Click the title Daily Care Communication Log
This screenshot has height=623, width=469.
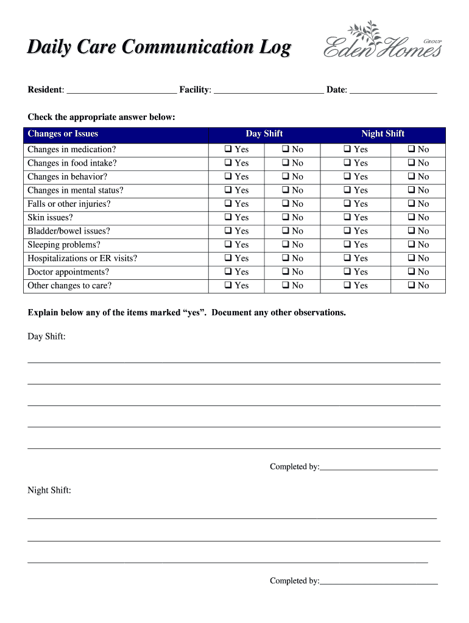[x=159, y=47]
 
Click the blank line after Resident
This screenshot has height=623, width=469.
[x=121, y=90]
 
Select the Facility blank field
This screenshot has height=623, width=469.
[x=269, y=90]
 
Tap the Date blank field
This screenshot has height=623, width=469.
[x=393, y=90]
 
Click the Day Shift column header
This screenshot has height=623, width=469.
[x=264, y=134]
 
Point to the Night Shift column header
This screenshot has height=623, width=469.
[x=383, y=134]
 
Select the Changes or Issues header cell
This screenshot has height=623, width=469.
[x=63, y=134]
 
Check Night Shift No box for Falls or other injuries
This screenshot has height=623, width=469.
[x=412, y=204]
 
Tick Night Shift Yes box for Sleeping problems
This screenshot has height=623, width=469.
[x=347, y=245]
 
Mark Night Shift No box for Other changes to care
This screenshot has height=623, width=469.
[x=412, y=286]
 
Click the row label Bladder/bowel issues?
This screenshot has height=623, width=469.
[x=69, y=231]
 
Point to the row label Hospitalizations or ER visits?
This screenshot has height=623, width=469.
[x=82, y=259]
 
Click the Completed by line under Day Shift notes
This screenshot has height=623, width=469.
[x=378, y=467]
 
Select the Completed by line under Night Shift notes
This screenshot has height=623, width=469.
[x=378, y=582]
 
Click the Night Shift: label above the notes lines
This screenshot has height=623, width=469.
[x=49, y=490]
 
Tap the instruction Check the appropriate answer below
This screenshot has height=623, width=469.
[x=101, y=117]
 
